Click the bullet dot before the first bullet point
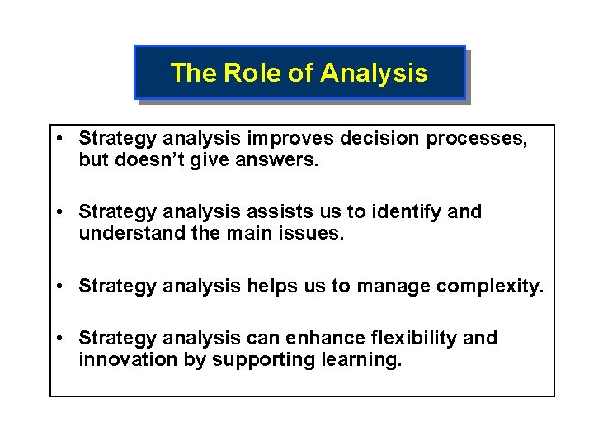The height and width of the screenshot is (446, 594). click(63, 138)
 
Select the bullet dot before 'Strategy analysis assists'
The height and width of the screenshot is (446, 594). click(63, 212)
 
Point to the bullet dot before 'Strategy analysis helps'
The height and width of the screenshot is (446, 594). click(63, 287)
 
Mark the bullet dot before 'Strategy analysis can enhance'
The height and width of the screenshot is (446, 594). click(63, 339)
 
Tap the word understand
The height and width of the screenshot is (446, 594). click(129, 234)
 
